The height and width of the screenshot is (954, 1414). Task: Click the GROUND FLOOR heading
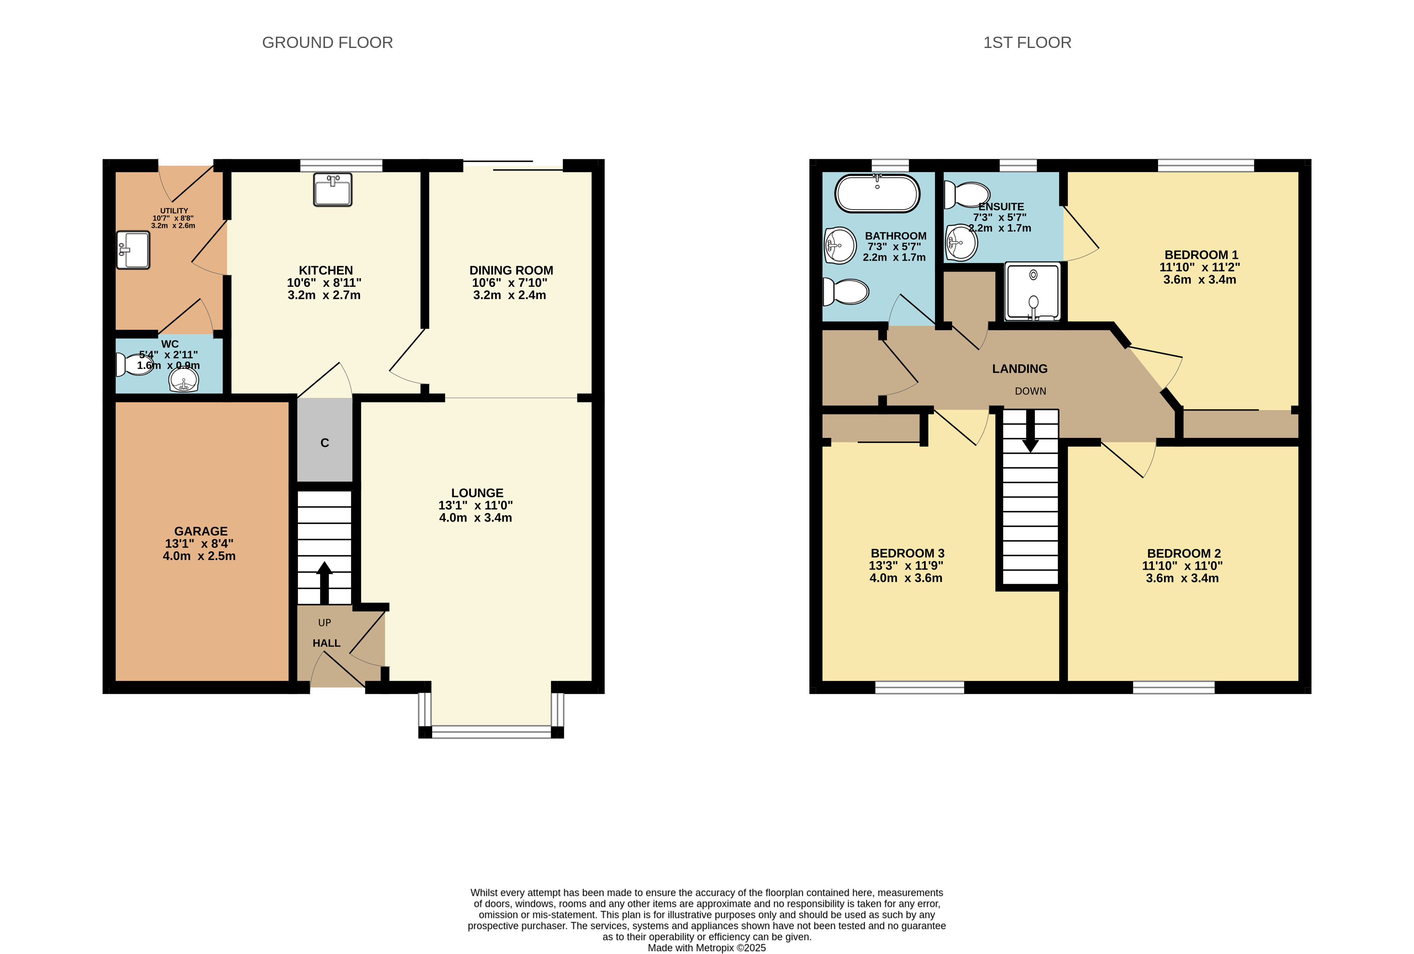[x=327, y=43]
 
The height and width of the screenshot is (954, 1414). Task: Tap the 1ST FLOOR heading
[x=1027, y=43]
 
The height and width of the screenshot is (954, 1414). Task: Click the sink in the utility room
[x=133, y=250]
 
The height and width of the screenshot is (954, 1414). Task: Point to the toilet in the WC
[x=133, y=365]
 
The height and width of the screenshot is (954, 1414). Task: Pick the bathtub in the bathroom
[x=877, y=194]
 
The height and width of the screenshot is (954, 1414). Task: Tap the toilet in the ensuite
[x=966, y=195]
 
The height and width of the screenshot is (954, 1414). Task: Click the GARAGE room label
[x=201, y=531]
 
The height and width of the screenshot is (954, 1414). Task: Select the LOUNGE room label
[x=477, y=493]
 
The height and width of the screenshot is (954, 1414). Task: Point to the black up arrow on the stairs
[x=324, y=583]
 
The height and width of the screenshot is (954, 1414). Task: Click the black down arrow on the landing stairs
[x=1030, y=431]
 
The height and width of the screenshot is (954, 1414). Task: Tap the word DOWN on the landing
[x=1030, y=391]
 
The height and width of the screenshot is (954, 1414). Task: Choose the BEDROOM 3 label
[x=907, y=553]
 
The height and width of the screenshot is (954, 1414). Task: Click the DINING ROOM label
[x=511, y=270]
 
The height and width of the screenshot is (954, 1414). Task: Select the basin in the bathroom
[x=840, y=245]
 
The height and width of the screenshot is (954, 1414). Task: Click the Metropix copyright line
[x=706, y=947]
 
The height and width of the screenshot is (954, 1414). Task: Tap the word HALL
[x=326, y=643]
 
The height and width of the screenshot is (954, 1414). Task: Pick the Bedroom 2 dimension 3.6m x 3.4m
[x=1182, y=578]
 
